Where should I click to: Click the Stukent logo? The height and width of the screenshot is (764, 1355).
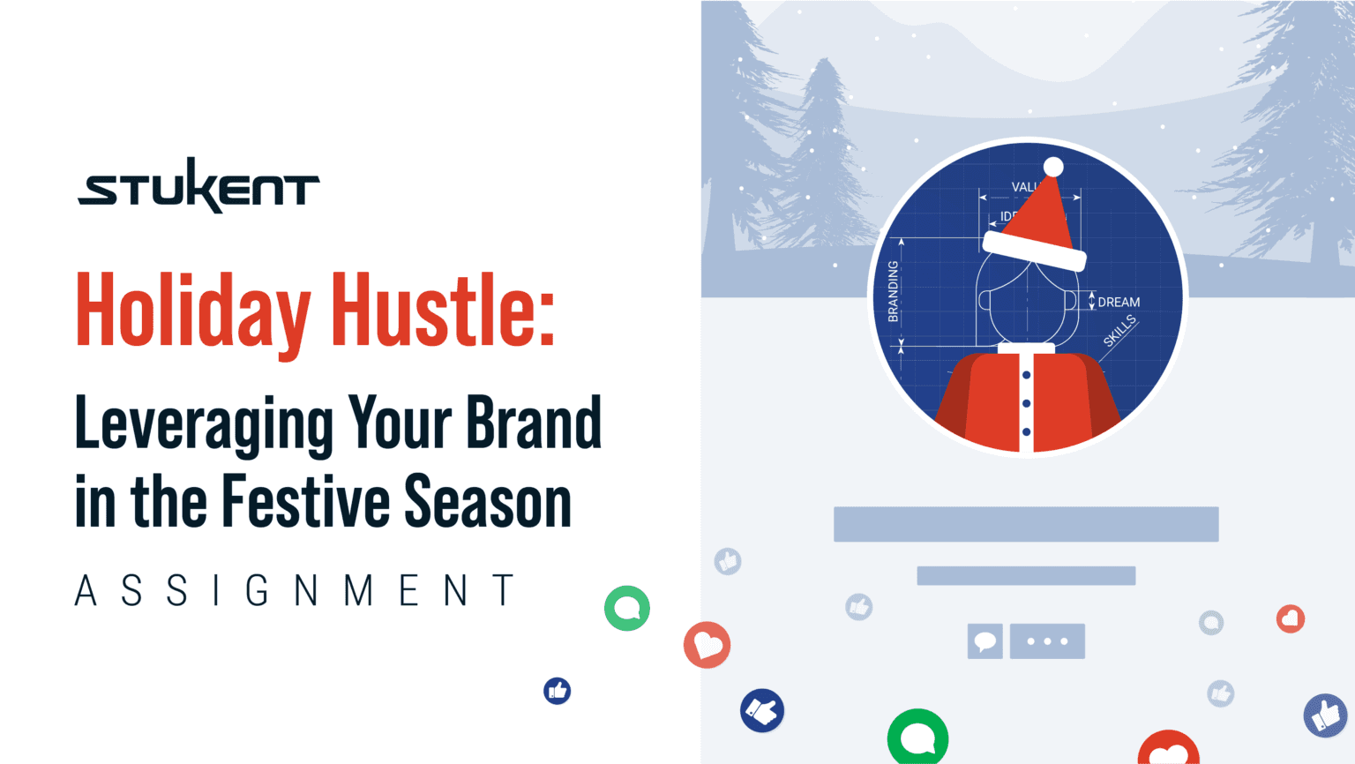click(198, 186)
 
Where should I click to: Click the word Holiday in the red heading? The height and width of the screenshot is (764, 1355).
click(193, 311)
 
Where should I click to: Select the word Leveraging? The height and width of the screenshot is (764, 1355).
click(203, 424)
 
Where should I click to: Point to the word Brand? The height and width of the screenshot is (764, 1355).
click(533, 423)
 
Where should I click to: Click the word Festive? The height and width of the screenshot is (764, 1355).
click(305, 502)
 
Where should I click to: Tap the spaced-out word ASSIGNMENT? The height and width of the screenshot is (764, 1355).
click(295, 591)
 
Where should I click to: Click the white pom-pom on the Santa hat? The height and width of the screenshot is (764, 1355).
click(1053, 167)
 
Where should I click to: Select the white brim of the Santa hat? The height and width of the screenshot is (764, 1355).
click(1034, 251)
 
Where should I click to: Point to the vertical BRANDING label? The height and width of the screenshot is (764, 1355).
click(893, 291)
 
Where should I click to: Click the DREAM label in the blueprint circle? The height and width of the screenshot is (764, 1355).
click(1119, 303)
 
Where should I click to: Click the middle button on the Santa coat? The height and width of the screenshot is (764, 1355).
click(1026, 403)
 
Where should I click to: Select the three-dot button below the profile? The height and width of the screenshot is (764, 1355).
click(1047, 641)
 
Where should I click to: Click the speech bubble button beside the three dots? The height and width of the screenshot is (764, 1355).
click(984, 641)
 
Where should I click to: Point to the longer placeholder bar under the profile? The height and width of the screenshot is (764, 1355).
click(1026, 524)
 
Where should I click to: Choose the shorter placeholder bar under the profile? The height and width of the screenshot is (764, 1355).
click(1026, 576)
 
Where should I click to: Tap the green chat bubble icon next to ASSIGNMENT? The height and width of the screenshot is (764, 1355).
click(627, 608)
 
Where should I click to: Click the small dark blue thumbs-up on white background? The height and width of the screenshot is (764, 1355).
click(557, 691)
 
